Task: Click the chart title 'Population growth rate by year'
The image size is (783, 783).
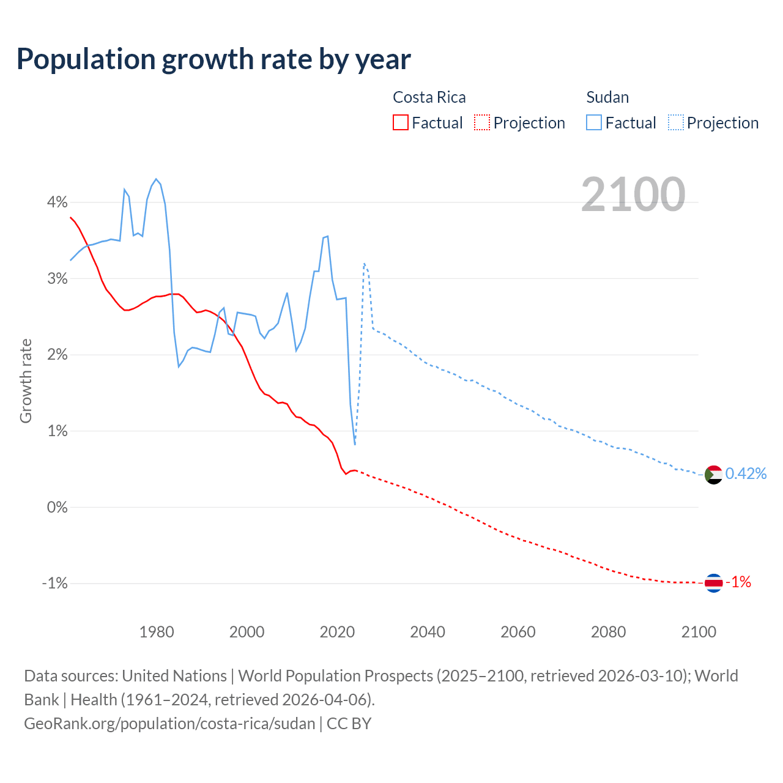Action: (x=213, y=59)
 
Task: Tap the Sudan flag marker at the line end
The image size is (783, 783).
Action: (x=713, y=474)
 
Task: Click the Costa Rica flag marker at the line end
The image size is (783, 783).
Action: (x=713, y=583)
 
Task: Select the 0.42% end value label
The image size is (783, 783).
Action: (x=746, y=473)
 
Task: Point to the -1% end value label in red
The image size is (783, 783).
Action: (x=738, y=582)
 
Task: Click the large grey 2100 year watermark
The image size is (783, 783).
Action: (x=633, y=195)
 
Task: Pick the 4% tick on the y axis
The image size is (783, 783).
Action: (x=57, y=202)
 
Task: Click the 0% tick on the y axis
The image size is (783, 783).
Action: (x=57, y=507)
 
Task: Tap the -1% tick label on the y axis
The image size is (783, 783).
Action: (x=54, y=583)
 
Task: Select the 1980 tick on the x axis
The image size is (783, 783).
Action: (x=157, y=632)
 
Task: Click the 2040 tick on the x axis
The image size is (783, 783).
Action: (x=428, y=632)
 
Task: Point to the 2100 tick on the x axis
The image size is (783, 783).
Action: (x=699, y=632)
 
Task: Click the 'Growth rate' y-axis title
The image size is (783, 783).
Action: (x=26, y=380)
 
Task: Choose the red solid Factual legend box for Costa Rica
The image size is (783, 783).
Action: (x=400, y=122)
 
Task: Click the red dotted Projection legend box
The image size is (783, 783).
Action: (x=482, y=122)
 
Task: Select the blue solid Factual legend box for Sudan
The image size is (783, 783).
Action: (x=593, y=122)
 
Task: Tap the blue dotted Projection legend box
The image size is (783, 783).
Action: (x=675, y=122)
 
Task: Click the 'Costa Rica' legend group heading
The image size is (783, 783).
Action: (x=429, y=97)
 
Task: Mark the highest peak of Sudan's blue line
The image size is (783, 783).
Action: (x=156, y=179)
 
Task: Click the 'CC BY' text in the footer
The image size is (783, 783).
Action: (x=349, y=724)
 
